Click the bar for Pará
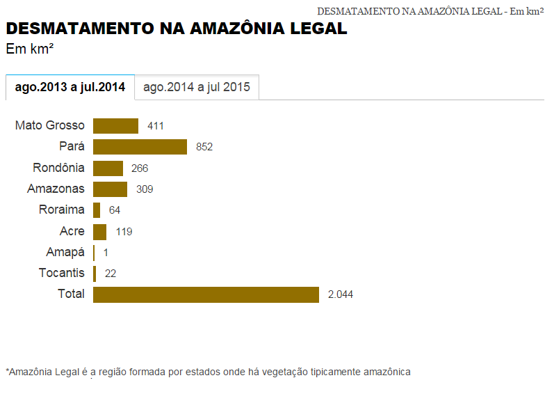[x=140, y=147]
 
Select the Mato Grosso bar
[x=115, y=126]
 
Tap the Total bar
[x=206, y=294]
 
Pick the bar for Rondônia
[x=108, y=168]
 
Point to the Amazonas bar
[x=110, y=189]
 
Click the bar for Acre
[x=99, y=232]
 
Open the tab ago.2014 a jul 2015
[x=197, y=87]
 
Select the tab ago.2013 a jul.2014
[x=70, y=87]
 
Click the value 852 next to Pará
[x=204, y=147]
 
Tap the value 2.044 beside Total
[x=341, y=294]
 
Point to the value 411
[x=156, y=126]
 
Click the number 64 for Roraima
[x=115, y=210]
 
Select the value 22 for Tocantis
[x=111, y=274]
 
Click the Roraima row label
[x=62, y=210]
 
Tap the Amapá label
[x=65, y=252]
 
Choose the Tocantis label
[x=62, y=273]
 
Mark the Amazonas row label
[x=56, y=189]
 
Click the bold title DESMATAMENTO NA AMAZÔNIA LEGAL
[x=177, y=29]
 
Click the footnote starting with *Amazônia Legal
[x=208, y=372]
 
